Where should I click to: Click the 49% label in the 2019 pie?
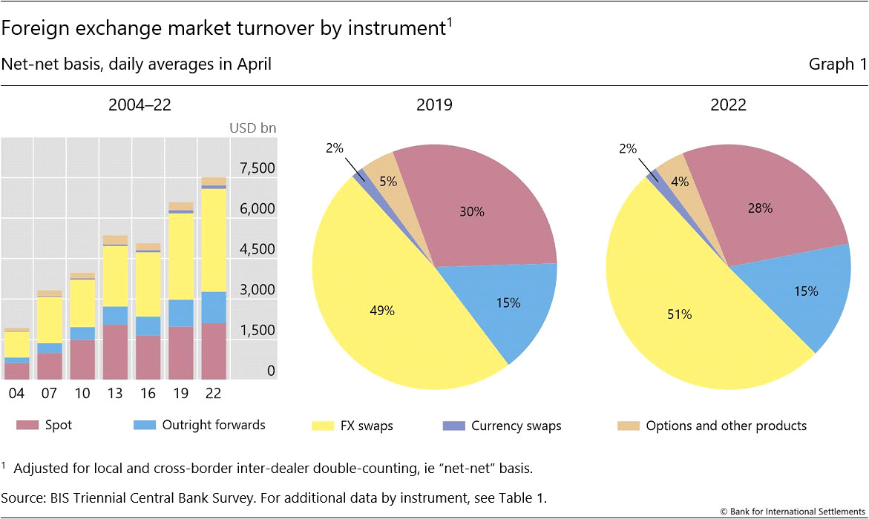[x=384, y=311]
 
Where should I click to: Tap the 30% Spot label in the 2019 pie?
[x=472, y=211]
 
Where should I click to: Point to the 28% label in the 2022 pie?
[x=760, y=208]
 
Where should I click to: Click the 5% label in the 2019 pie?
[x=388, y=181]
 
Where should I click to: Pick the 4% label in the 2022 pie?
[x=679, y=180]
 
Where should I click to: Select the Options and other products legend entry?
[x=712, y=426]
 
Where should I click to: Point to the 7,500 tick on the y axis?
[x=256, y=168]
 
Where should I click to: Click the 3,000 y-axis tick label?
[x=256, y=289]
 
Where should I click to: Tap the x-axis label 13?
[x=115, y=393]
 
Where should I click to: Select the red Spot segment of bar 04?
[x=16, y=371]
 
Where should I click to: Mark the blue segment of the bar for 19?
[x=180, y=313]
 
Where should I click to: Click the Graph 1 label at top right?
[x=837, y=65]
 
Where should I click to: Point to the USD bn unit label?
[x=252, y=128]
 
